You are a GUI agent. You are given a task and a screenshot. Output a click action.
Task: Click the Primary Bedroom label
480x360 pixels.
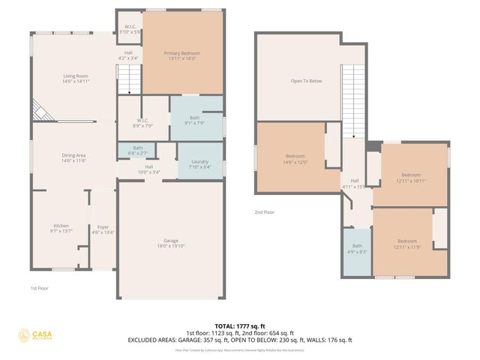pos(182,55)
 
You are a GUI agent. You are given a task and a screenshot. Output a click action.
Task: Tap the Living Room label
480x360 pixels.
pos(75,78)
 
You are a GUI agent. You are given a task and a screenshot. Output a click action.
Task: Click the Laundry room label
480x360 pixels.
pos(200,164)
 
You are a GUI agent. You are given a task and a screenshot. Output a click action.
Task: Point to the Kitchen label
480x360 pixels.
pos(61,229)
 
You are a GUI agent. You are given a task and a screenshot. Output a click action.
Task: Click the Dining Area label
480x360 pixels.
pos(74,157)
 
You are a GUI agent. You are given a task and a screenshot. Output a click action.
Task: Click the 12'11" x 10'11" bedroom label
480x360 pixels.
pos(411,178)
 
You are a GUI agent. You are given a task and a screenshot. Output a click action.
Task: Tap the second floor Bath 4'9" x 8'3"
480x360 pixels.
pos(357,249)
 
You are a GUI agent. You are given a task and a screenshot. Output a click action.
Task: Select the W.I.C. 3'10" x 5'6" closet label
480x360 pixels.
pos(129,30)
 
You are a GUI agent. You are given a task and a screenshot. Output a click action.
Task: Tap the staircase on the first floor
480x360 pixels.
pos(129,78)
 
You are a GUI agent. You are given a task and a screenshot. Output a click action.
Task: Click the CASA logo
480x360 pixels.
pos(41,335)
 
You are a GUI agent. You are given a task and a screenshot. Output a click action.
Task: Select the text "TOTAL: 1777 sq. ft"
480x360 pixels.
pos(239,326)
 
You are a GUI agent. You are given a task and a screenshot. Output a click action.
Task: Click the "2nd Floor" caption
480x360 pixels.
pos(264,212)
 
